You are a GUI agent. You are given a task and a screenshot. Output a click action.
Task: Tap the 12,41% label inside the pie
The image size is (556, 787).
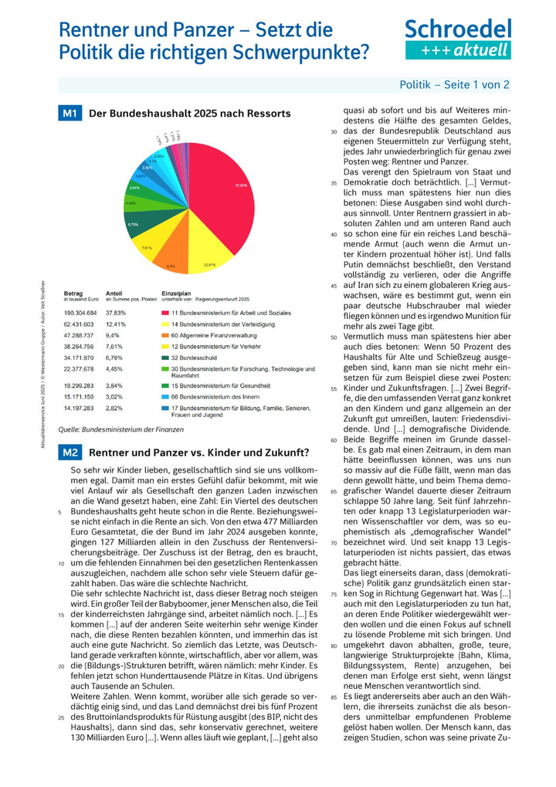tap(209, 265)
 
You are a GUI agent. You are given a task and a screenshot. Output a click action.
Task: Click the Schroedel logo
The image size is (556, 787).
tap(458, 39)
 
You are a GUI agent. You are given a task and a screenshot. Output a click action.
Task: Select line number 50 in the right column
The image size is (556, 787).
tap(334, 338)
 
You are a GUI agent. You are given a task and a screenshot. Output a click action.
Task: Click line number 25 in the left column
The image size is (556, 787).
tap(59, 717)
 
